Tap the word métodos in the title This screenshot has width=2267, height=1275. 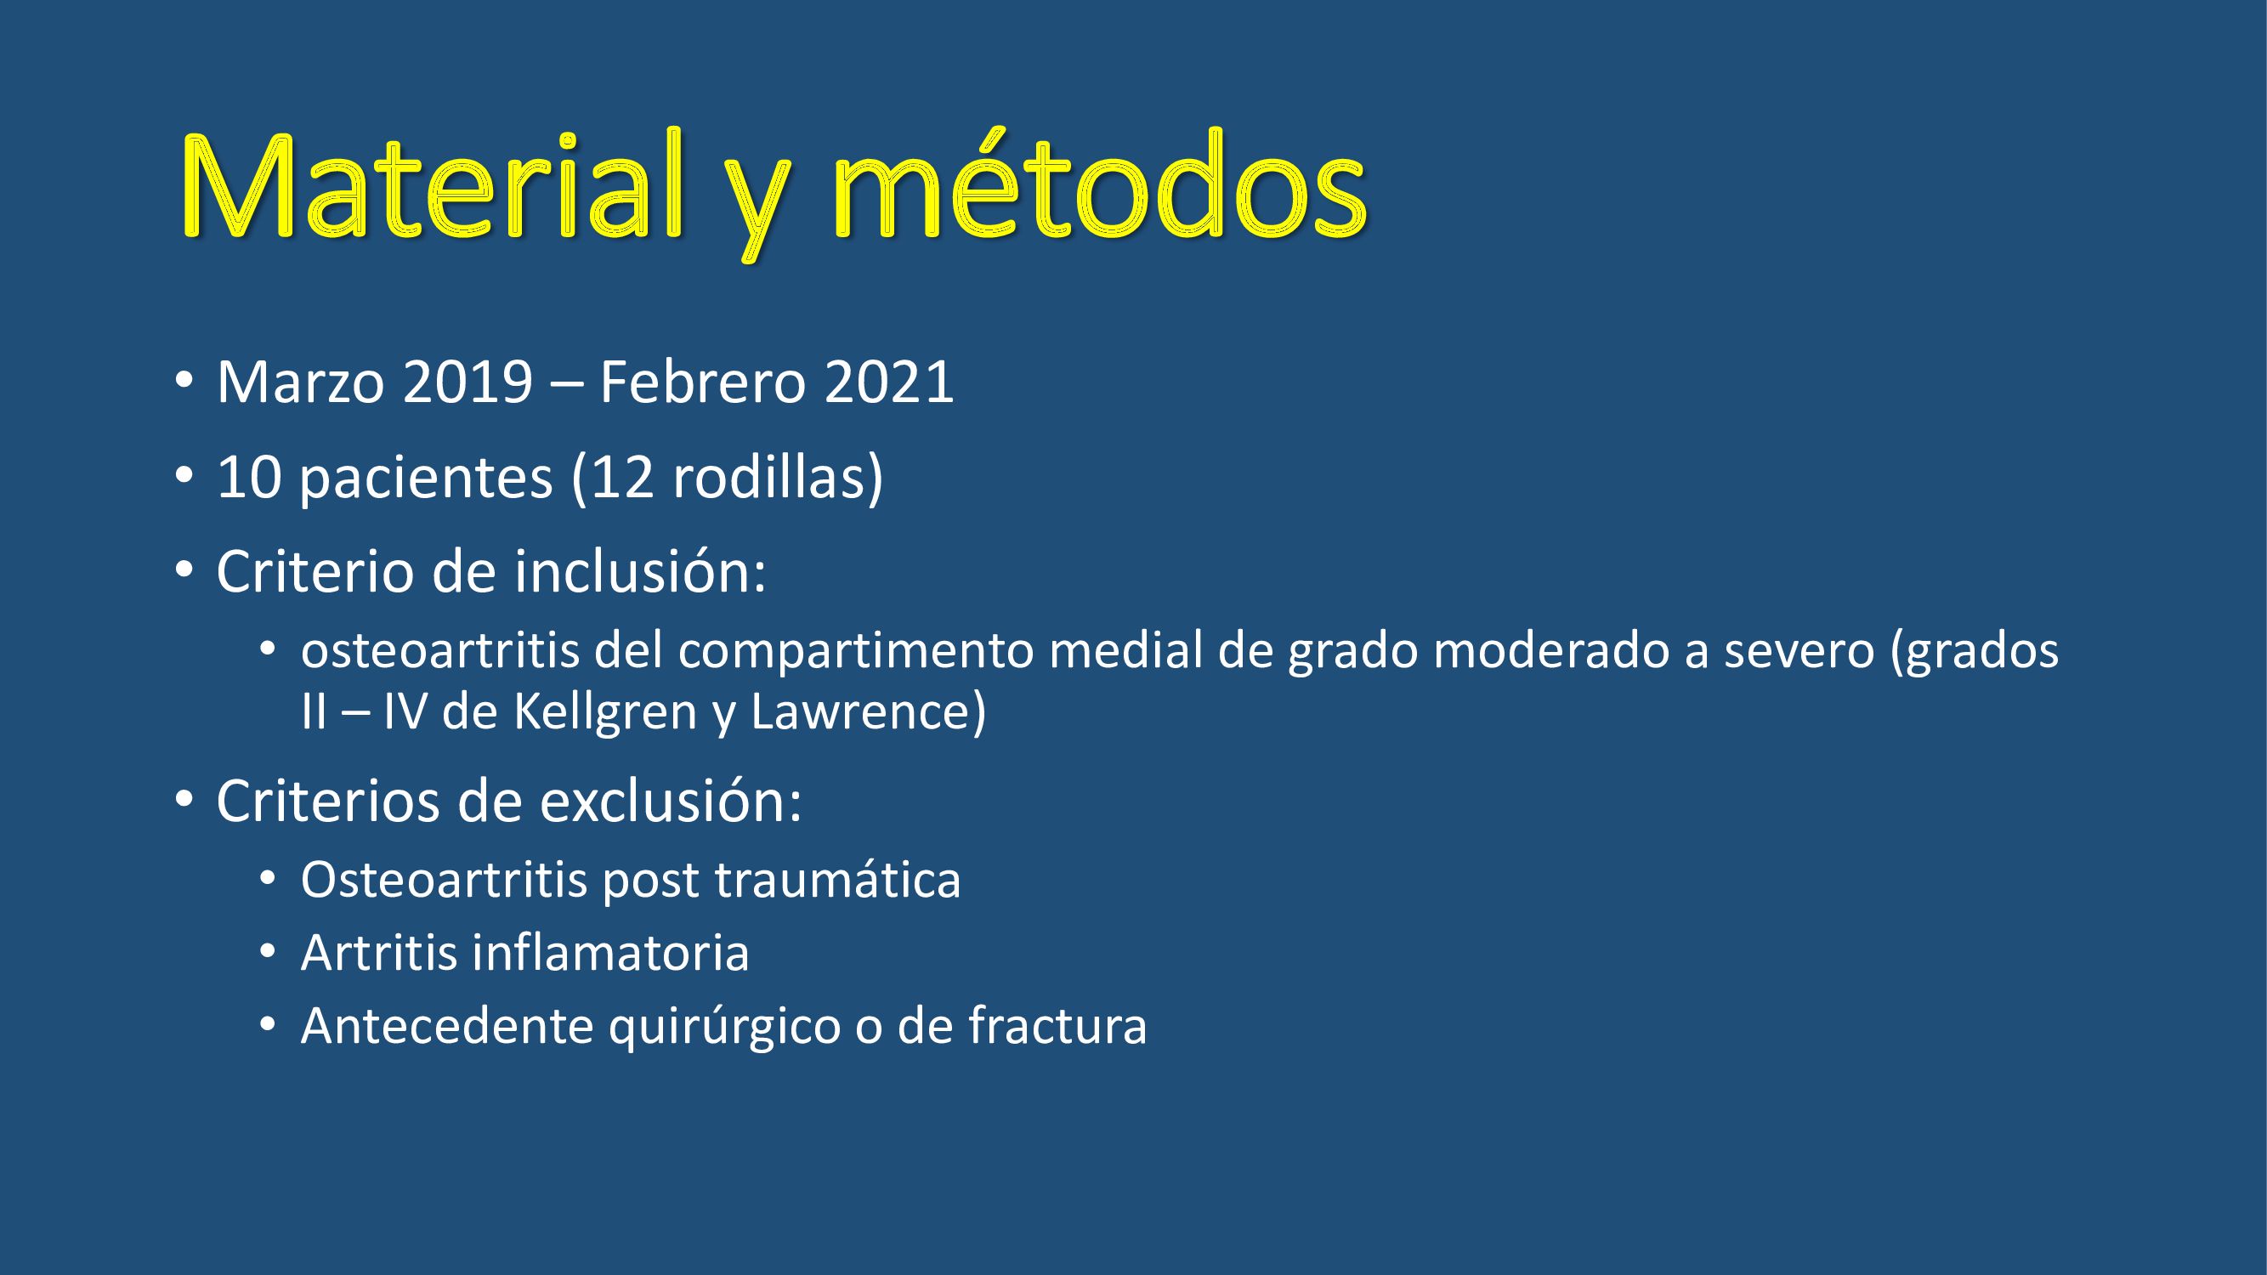(1099, 184)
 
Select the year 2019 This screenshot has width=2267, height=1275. (468, 382)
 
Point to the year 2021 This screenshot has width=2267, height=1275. (889, 382)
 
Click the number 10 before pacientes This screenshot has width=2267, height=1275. (249, 478)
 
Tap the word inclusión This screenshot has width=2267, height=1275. (640, 571)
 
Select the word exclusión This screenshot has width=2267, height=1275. (670, 801)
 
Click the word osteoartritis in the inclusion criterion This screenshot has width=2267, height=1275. (441, 651)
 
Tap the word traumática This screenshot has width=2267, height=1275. (838, 880)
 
